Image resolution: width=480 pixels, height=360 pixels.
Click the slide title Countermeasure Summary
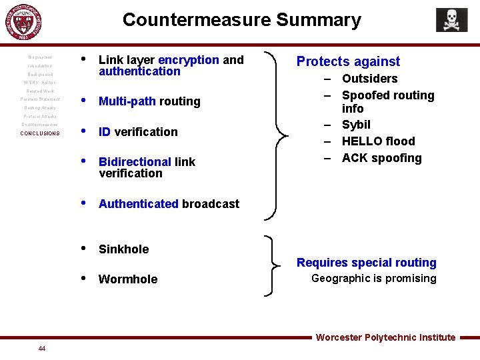[241, 20]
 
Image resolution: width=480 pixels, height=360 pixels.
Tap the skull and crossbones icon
[451, 20]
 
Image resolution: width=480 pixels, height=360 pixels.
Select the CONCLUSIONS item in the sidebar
[40, 133]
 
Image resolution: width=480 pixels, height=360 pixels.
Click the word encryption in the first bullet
[189, 60]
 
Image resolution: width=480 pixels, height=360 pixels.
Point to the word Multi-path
[127, 101]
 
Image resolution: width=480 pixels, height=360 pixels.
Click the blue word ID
[105, 132]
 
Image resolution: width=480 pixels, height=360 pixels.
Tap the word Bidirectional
[135, 162]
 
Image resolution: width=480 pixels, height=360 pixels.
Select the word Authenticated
[139, 204]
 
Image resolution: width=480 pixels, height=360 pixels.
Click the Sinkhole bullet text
[123, 249]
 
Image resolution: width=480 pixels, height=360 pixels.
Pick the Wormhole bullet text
[128, 279]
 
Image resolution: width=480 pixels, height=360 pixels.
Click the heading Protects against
[348, 62]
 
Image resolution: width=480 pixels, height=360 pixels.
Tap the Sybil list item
[356, 125]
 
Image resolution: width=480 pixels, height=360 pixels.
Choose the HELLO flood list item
[378, 141]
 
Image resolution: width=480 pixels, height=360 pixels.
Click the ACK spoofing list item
[381, 158]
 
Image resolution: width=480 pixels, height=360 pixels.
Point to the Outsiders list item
[369, 79]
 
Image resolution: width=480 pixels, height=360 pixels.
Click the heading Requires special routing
[366, 263]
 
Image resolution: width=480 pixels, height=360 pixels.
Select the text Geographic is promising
[373, 279]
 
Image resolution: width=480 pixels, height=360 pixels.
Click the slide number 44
[42, 349]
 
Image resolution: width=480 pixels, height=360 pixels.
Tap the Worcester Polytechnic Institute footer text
[385, 337]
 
